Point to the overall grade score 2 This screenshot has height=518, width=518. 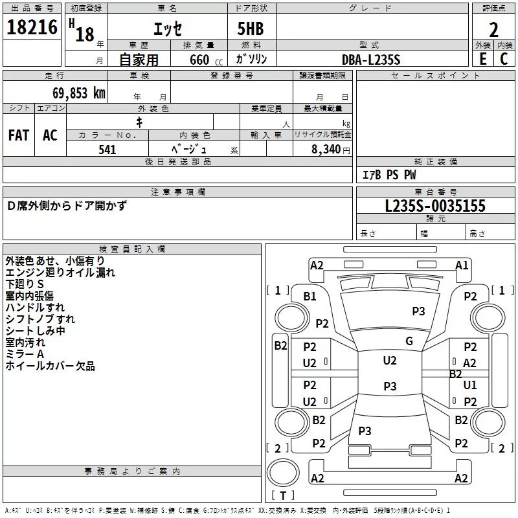[493, 30]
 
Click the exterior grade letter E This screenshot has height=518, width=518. [482, 58]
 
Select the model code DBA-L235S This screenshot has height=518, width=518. [371, 59]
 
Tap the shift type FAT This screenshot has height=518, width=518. [19, 135]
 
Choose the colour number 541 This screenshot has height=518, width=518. [107, 150]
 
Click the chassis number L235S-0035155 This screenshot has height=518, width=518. [435, 207]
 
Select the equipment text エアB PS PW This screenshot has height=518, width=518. [388, 175]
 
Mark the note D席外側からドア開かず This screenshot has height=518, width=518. [67, 206]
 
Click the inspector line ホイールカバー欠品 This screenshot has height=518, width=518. [50, 366]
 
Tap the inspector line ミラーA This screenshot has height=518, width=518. [25, 354]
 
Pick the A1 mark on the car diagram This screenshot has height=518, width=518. [462, 265]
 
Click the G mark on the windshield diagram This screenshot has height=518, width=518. [409, 341]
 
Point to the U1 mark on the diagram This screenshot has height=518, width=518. [470, 385]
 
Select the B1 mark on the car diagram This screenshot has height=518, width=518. [310, 296]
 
